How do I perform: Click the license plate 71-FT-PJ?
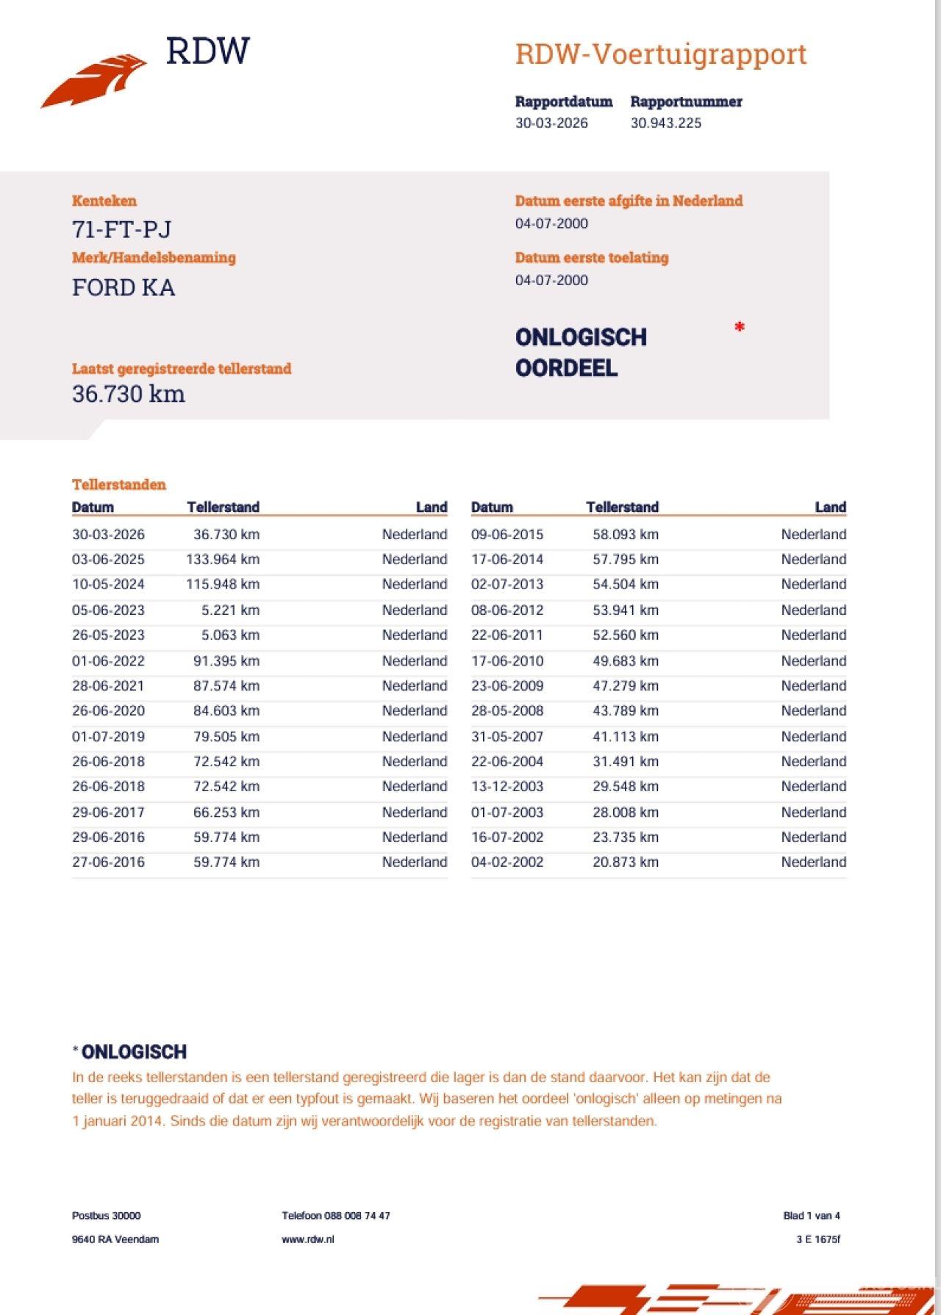(122, 230)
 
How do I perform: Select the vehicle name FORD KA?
(124, 287)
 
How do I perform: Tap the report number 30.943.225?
(665, 123)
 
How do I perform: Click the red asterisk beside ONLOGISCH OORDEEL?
(740, 328)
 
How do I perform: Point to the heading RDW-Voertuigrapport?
(660, 54)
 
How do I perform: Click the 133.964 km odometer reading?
(223, 560)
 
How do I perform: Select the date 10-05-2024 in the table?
(108, 585)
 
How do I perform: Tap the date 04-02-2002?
(507, 862)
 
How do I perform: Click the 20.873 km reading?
(625, 862)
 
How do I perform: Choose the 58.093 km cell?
(625, 535)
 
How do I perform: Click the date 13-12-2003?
(507, 787)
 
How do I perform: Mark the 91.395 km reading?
(226, 661)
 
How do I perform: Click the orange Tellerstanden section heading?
(119, 485)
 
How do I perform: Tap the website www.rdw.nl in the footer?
(307, 1239)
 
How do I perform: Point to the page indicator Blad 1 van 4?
(811, 1216)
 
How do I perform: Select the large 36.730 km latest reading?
(129, 394)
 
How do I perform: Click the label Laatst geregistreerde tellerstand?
(182, 369)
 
